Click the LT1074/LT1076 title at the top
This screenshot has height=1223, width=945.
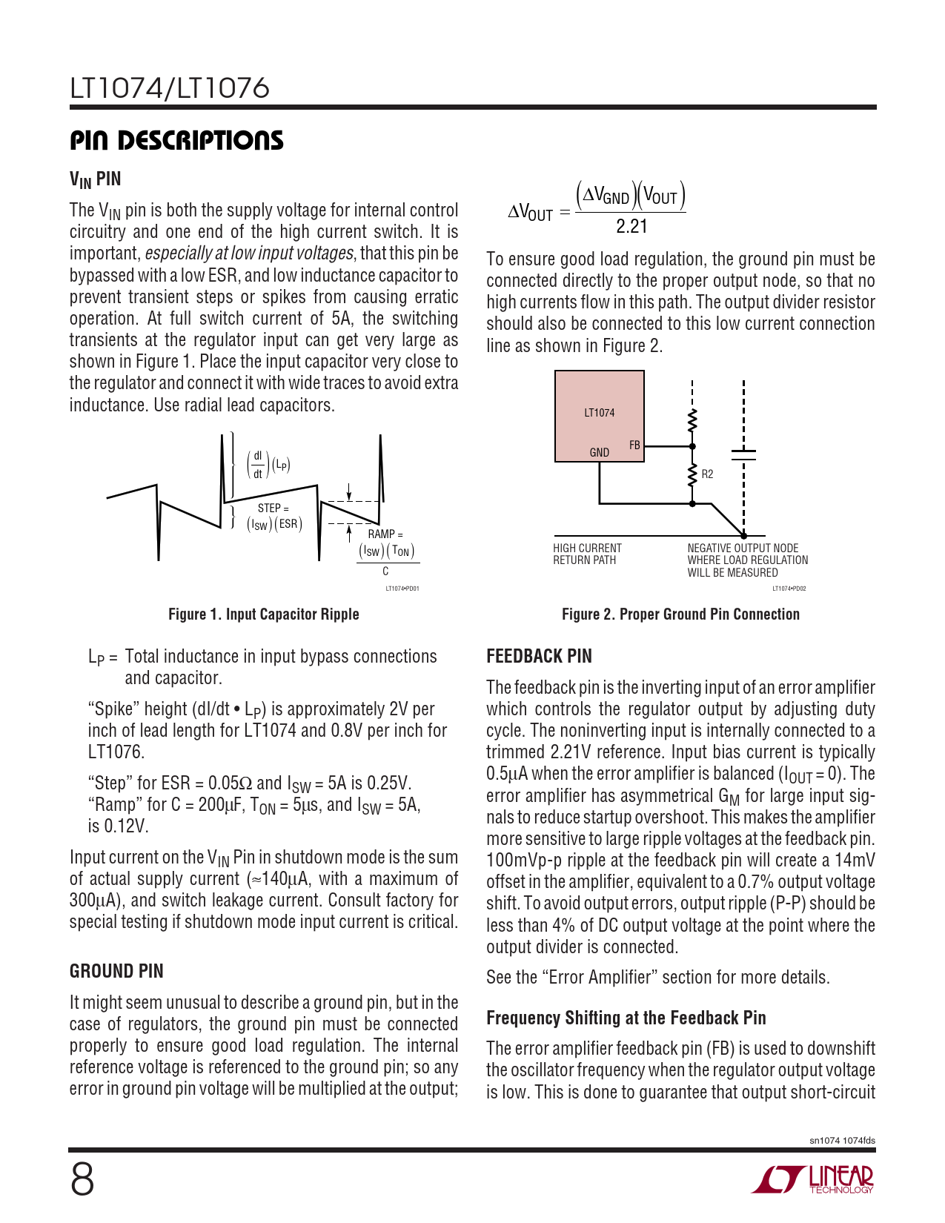tap(170, 89)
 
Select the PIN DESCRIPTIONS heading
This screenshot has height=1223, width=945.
tap(176, 141)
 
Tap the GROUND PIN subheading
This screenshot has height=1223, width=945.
tap(116, 971)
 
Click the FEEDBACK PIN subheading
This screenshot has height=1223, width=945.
tap(539, 656)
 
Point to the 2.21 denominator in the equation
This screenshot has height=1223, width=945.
tap(631, 227)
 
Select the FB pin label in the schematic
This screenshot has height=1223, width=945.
tap(634, 445)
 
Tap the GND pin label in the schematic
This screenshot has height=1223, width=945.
tap(599, 452)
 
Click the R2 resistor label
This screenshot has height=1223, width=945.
tap(707, 474)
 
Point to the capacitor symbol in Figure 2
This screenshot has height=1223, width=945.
tap(743, 454)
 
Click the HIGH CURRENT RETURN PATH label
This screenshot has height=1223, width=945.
tap(587, 554)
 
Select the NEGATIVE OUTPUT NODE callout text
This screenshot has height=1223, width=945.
tap(747, 560)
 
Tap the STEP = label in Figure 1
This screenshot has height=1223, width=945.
tap(273, 508)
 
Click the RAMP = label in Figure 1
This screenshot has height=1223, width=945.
tap(385, 534)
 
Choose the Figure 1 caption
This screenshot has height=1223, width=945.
tap(263, 614)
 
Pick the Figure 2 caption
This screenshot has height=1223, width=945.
tap(680, 614)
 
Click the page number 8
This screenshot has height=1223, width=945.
tap(82, 1179)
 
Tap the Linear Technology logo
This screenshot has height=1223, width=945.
tap(813, 1179)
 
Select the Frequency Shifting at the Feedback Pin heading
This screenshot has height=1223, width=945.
tap(626, 1018)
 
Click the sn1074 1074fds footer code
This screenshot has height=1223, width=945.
tap(842, 1141)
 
